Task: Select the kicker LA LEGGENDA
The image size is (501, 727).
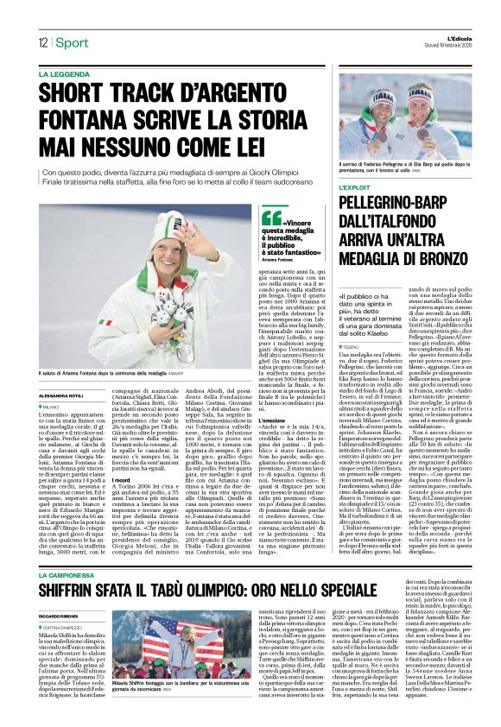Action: [66, 75]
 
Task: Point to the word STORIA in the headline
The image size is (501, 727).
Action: [279, 117]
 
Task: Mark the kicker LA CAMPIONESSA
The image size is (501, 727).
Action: [72, 550]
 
